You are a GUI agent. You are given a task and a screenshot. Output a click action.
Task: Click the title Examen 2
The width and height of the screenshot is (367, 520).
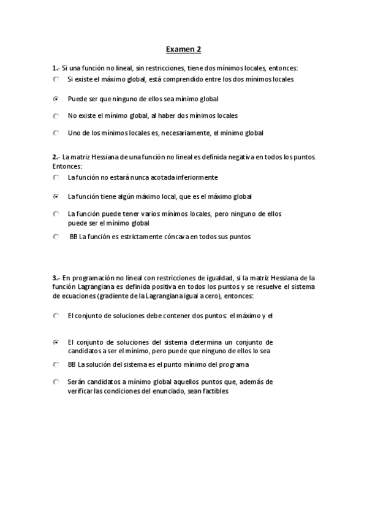184,48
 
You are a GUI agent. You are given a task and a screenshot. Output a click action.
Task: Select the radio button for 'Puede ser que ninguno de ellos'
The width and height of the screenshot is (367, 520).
56,98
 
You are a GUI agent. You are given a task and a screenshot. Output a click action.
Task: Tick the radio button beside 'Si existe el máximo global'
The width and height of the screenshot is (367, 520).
56,79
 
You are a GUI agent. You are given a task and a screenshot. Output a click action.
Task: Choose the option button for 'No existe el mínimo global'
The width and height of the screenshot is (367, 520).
56,115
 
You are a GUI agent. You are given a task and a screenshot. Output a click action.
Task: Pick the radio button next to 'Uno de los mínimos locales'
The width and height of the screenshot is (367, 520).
56,132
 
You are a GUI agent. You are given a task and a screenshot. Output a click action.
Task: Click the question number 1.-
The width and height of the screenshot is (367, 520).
56,67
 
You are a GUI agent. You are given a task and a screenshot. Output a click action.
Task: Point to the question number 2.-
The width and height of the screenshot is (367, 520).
56,158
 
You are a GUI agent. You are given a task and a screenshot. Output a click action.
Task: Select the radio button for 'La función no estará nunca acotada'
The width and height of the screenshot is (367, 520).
56,177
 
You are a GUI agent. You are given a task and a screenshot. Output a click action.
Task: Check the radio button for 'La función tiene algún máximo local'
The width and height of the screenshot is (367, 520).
56,197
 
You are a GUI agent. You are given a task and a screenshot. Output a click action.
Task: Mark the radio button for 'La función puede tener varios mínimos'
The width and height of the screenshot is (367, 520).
56,214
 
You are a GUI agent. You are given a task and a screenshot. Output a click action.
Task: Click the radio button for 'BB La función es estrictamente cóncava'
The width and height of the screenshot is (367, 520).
56,237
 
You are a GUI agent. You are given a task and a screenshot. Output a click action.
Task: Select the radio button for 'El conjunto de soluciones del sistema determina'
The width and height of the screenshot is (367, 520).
56,342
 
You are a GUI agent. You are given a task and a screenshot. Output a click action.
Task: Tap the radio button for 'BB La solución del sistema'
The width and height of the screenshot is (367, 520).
56,364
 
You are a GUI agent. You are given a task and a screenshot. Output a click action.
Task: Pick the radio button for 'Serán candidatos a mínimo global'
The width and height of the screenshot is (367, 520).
56,381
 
